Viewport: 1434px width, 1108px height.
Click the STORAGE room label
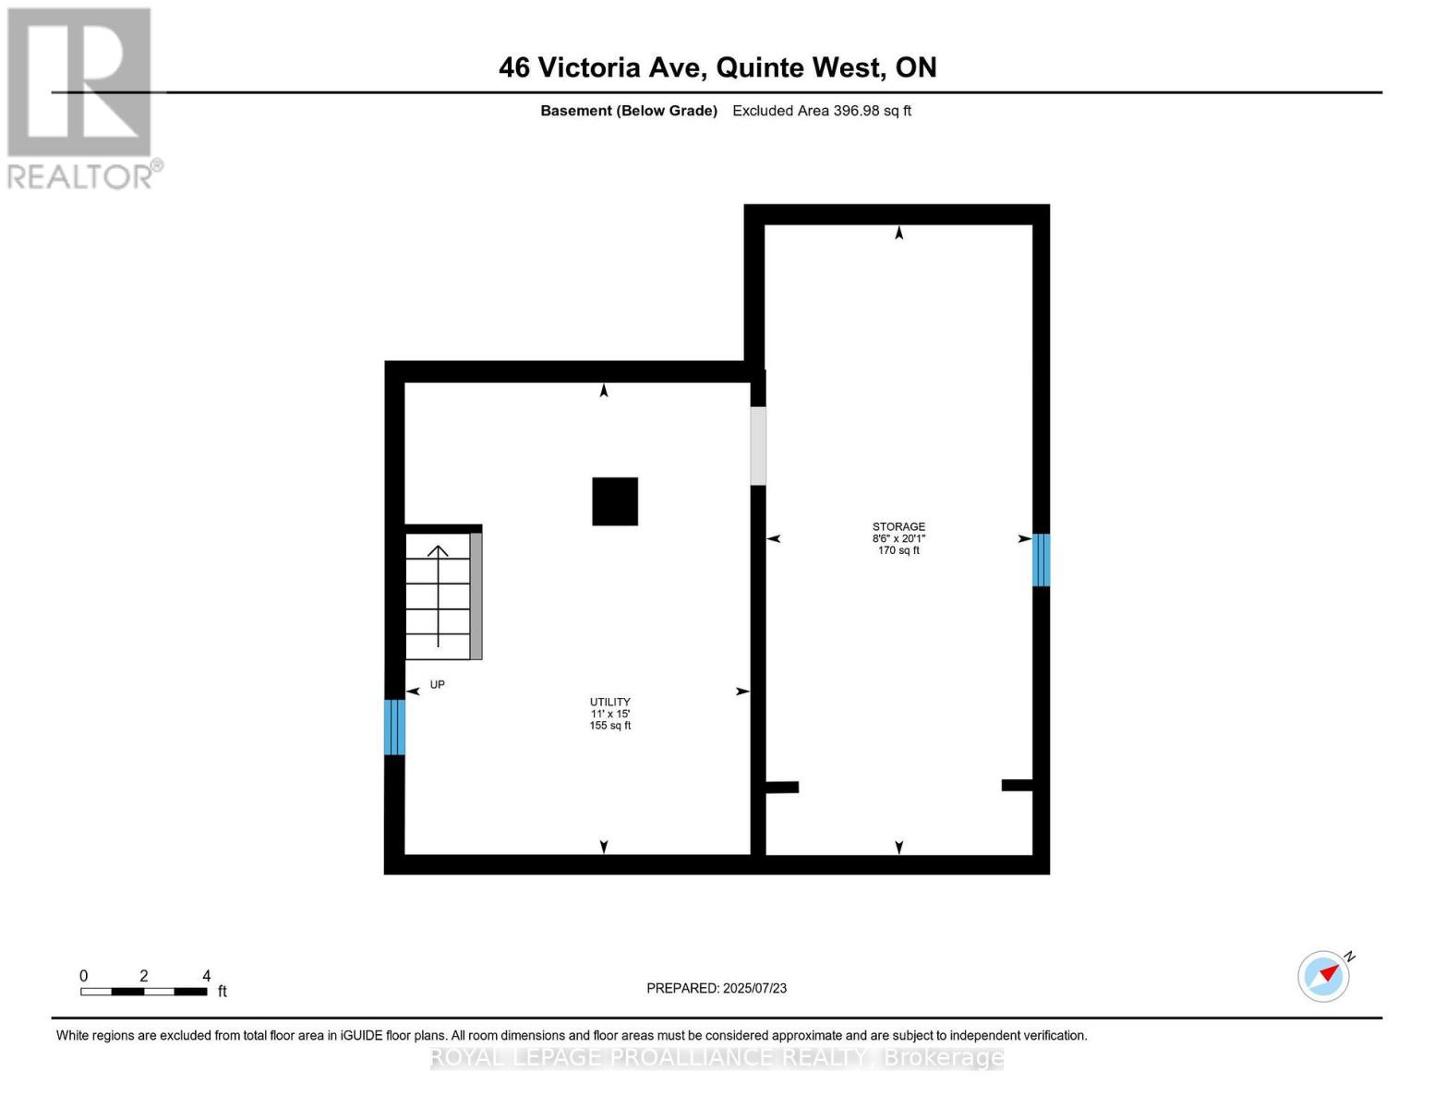(x=898, y=527)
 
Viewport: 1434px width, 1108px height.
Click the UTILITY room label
(x=609, y=702)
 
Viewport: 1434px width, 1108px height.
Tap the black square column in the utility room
(x=615, y=501)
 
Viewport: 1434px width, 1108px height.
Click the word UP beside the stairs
(x=438, y=685)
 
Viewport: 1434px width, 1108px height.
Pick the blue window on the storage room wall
(x=1041, y=560)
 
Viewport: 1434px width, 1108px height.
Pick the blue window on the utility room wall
(x=394, y=727)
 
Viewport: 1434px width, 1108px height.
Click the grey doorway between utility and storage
(x=758, y=446)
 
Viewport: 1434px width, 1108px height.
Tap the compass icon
(x=1324, y=976)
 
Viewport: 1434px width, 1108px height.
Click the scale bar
(x=143, y=992)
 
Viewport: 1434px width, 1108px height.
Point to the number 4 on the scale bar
(x=207, y=976)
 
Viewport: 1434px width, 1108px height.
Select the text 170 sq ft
(x=898, y=550)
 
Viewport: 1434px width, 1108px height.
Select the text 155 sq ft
(x=609, y=726)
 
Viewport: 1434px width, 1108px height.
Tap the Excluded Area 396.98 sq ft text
(x=822, y=111)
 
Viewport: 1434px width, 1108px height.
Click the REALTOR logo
(x=81, y=97)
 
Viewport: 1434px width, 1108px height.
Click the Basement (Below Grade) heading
(x=629, y=111)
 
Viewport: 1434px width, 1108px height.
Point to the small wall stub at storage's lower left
(x=782, y=788)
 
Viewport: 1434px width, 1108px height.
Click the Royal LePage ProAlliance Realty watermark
(x=717, y=1057)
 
